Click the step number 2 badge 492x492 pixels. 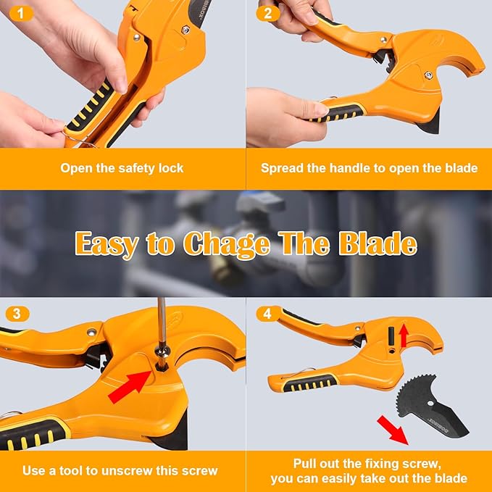(268, 13)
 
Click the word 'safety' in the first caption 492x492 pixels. (122, 168)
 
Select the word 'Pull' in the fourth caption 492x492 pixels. (305, 463)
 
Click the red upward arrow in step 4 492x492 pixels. (404, 336)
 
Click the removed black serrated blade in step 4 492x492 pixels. (429, 414)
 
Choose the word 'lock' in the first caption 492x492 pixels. (171, 168)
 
